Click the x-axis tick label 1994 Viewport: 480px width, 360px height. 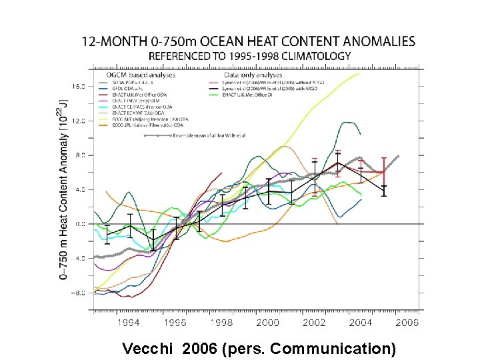(x=129, y=323)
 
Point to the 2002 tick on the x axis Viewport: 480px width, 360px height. (x=313, y=323)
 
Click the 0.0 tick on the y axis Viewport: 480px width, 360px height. (x=79, y=224)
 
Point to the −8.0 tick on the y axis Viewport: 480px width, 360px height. (x=77, y=293)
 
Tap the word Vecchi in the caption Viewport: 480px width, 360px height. (x=147, y=347)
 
